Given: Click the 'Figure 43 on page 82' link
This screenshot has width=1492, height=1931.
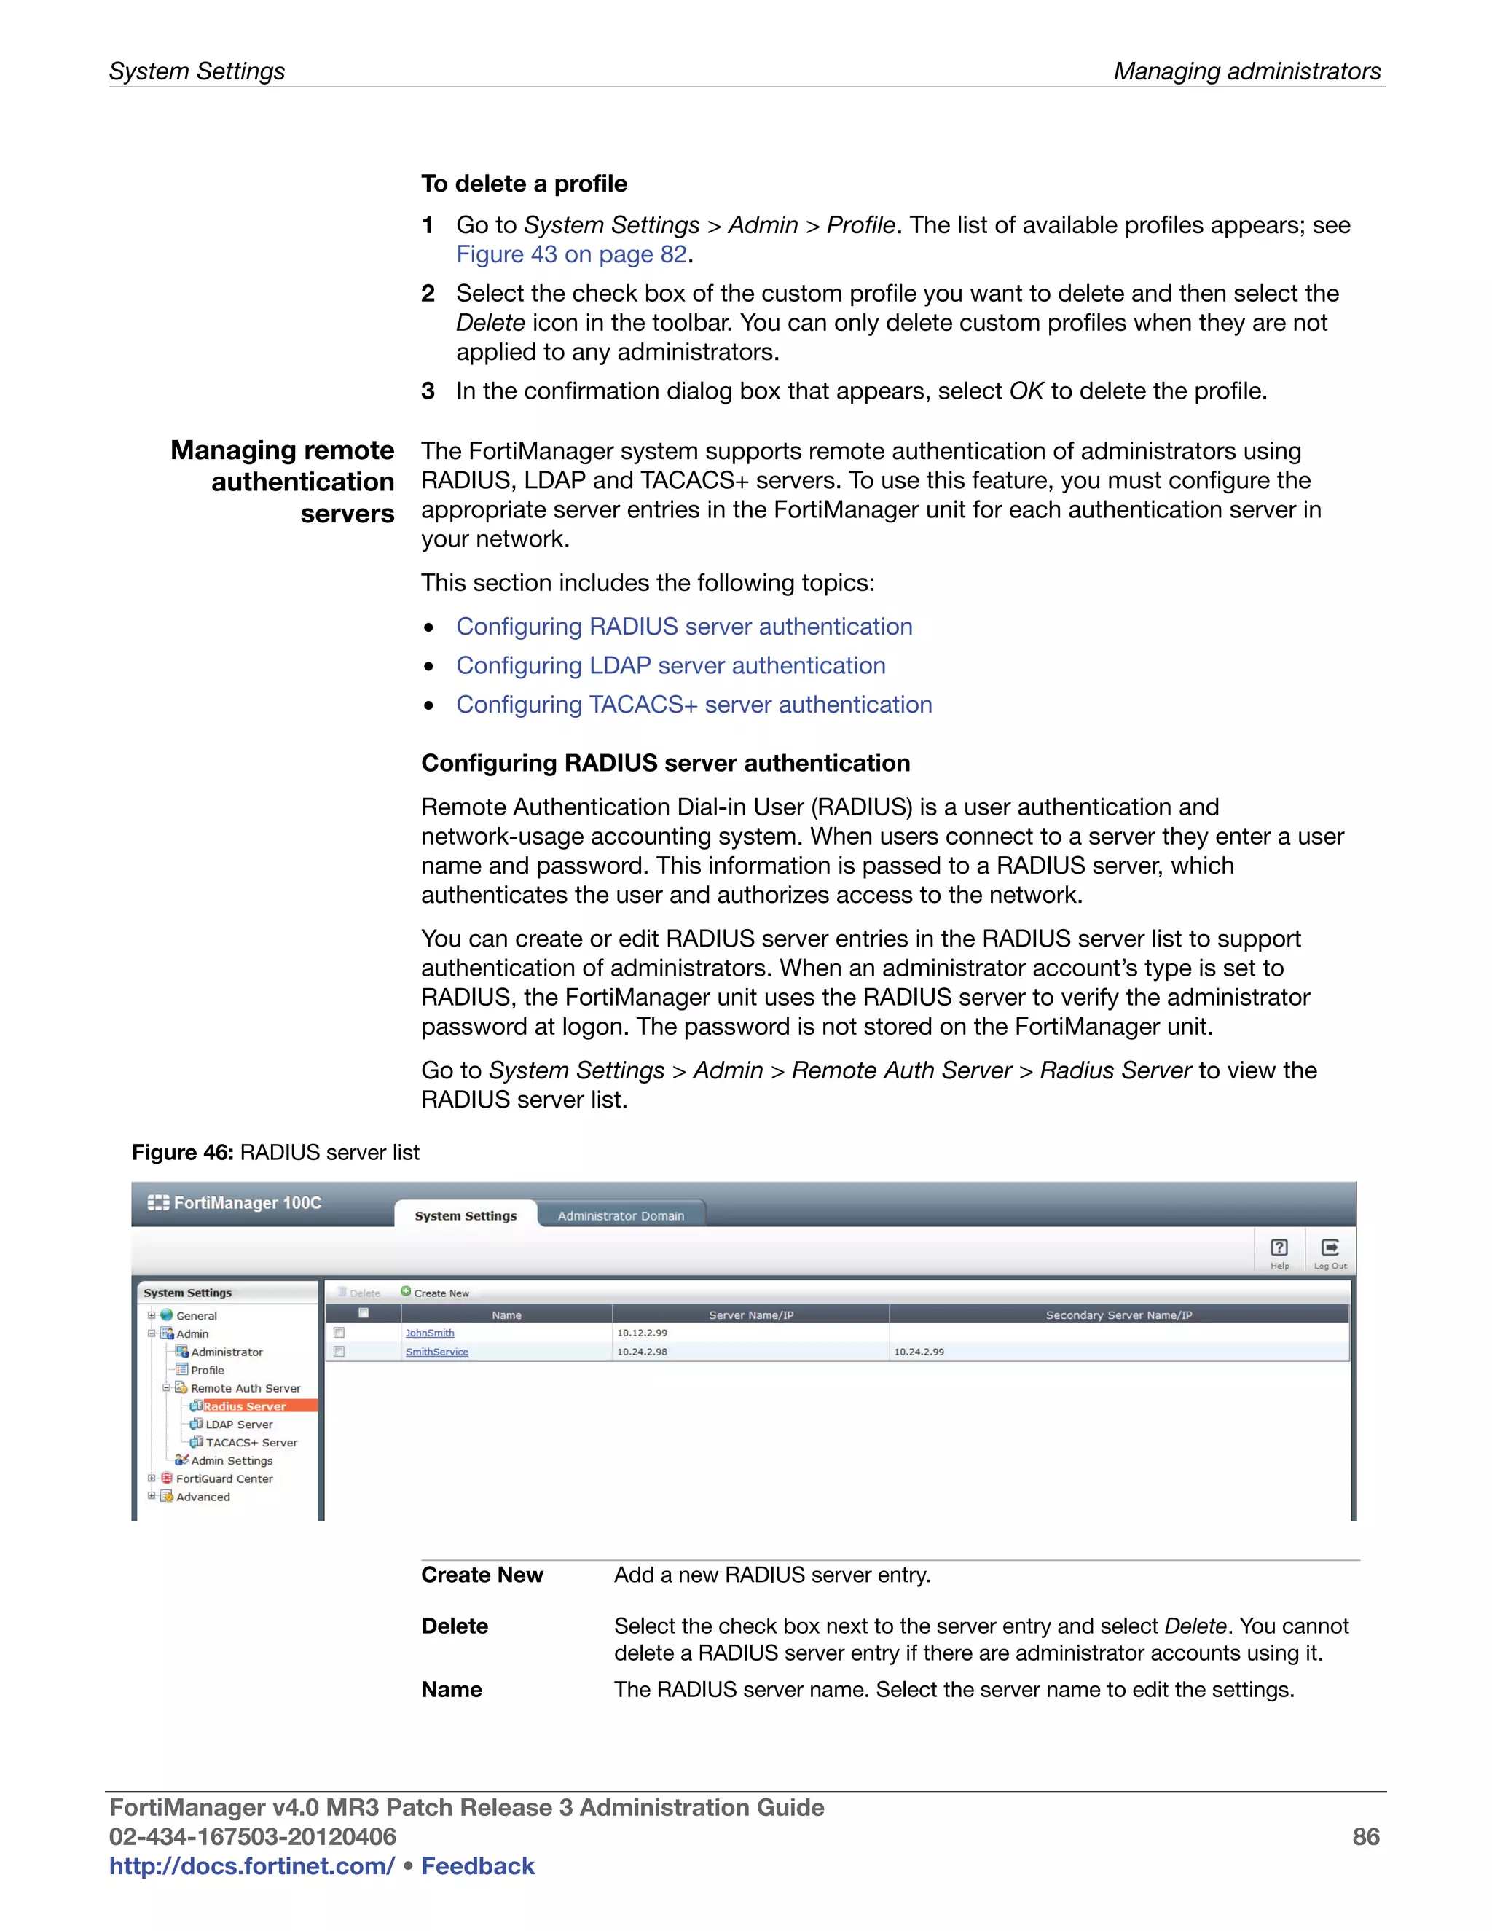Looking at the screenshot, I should tap(571, 254).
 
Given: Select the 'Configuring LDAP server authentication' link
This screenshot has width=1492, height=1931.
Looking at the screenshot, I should tap(670, 666).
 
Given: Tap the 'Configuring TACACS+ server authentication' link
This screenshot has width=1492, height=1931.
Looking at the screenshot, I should tap(694, 705).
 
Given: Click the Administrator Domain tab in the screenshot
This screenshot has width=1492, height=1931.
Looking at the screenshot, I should tap(621, 1215).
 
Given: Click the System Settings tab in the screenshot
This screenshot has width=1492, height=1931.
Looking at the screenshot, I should tap(465, 1215).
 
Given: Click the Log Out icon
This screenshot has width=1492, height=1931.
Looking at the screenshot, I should tap(1330, 1252).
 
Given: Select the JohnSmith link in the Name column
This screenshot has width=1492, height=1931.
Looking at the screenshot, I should tap(430, 1333).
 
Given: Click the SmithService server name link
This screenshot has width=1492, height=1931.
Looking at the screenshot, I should tap(436, 1352).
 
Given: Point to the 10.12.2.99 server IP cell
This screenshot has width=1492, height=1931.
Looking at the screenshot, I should tap(642, 1333).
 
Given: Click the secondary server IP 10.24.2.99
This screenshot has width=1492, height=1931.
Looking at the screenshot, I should tap(919, 1352).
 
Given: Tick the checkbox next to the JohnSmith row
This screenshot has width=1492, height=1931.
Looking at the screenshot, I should tap(339, 1333).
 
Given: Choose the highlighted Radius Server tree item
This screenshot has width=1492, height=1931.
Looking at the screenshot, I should tap(244, 1406).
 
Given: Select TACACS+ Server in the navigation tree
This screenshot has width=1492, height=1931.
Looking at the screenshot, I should tap(251, 1442).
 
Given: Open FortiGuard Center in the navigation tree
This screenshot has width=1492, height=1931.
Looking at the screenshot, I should tap(224, 1478).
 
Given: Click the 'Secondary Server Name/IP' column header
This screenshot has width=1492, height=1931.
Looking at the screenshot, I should tap(1118, 1315).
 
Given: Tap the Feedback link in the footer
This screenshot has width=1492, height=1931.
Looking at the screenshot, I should tap(477, 1865).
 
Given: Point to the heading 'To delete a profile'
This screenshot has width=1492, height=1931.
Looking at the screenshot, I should tap(523, 184).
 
